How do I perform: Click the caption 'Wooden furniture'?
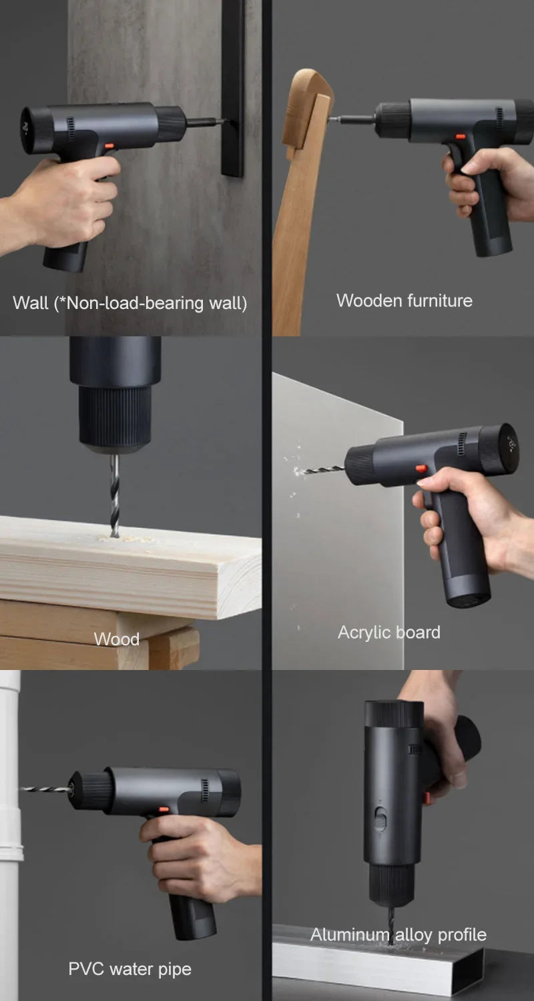[404, 300]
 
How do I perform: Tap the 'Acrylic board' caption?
[388, 632]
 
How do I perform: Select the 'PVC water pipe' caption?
[129, 968]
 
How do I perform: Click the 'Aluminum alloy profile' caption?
[398, 934]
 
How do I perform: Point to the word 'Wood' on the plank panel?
[116, 639]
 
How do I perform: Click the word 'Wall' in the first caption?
[31, 303]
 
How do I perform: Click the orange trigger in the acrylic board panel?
[422, 468]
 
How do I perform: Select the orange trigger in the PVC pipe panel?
[164, 809]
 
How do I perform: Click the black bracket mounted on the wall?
[232, 87]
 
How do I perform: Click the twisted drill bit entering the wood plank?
[115, 494]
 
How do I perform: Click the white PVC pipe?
[10, 834]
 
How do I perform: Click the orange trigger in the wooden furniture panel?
[460, 136]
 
